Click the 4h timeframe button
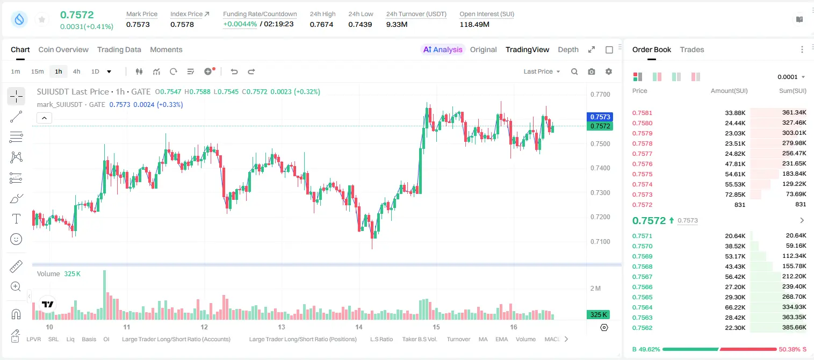[76, 71]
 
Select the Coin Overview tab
[63, 49]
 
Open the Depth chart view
[568, 49]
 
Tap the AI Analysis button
[443, 49]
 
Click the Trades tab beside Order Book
[692, 49]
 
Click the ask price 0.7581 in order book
[642, 113]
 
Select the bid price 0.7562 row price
[642, 328]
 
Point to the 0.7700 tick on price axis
[600, 95]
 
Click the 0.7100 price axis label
[600, 242]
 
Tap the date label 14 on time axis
[359, 327]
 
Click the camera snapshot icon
[592, 71]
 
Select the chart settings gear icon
[609, 71]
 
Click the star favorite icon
[42, 19]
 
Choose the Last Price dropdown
[542, 71]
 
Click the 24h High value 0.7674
[321, 24]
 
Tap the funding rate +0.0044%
[240, 24]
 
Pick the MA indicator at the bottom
[483, 339]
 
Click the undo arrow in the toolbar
[234, 71]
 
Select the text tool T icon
[16, 219]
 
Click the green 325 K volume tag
[598, 314]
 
